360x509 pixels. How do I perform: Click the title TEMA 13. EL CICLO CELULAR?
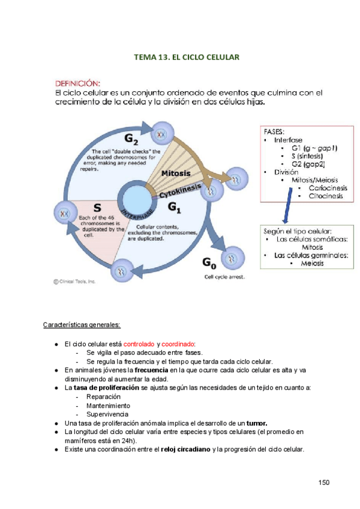tap(187, 57)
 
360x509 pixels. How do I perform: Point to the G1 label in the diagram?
tap(175, 207)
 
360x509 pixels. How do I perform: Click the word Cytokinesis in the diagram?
tap(181, 191)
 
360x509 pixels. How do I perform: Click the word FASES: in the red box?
tap(275, 131)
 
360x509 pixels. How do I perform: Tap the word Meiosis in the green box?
tap(312, 263)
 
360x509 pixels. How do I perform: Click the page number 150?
tap(324, 483)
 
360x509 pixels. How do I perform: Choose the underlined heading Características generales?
tap(82, 325)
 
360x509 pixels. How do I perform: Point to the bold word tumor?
tap(257, 423)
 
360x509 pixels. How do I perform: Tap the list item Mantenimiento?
tap(108, 406)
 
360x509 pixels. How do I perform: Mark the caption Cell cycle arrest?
tap(224, 277)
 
